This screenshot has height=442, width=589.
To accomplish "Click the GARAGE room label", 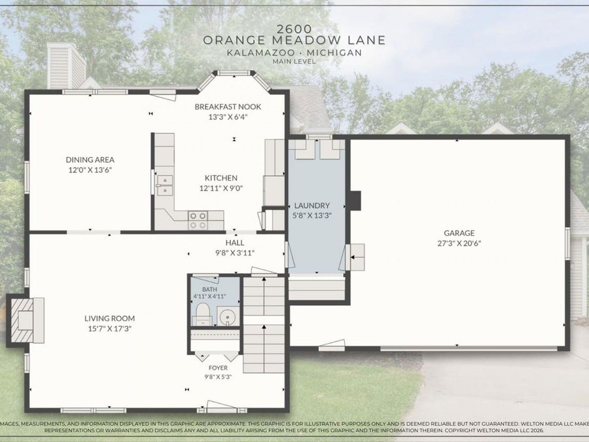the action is point(459,233).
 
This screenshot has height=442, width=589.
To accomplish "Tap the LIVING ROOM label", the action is point(109,318).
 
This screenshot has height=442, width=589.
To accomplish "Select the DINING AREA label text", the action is point(90,160).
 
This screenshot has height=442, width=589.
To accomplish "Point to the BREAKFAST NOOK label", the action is point(228,107).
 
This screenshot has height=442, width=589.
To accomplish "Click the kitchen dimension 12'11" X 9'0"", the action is point(221,189).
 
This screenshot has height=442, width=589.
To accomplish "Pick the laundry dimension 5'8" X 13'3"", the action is point(312,215).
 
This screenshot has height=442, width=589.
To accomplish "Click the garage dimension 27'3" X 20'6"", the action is point(459,243).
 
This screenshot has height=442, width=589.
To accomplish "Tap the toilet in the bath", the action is point(202,314).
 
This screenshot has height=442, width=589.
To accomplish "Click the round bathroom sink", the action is point(227,316).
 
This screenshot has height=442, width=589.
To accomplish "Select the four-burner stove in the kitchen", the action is point(198,220).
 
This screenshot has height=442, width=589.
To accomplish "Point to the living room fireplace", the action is point(26,320).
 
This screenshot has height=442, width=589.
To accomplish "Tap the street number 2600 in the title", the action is point(294,29).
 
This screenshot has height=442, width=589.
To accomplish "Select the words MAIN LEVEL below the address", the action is point(294,62).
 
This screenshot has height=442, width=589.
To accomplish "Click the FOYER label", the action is point(218,368).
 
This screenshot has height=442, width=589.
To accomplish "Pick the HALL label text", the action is point(235,243).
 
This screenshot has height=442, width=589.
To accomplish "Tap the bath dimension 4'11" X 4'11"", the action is point(209,297).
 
